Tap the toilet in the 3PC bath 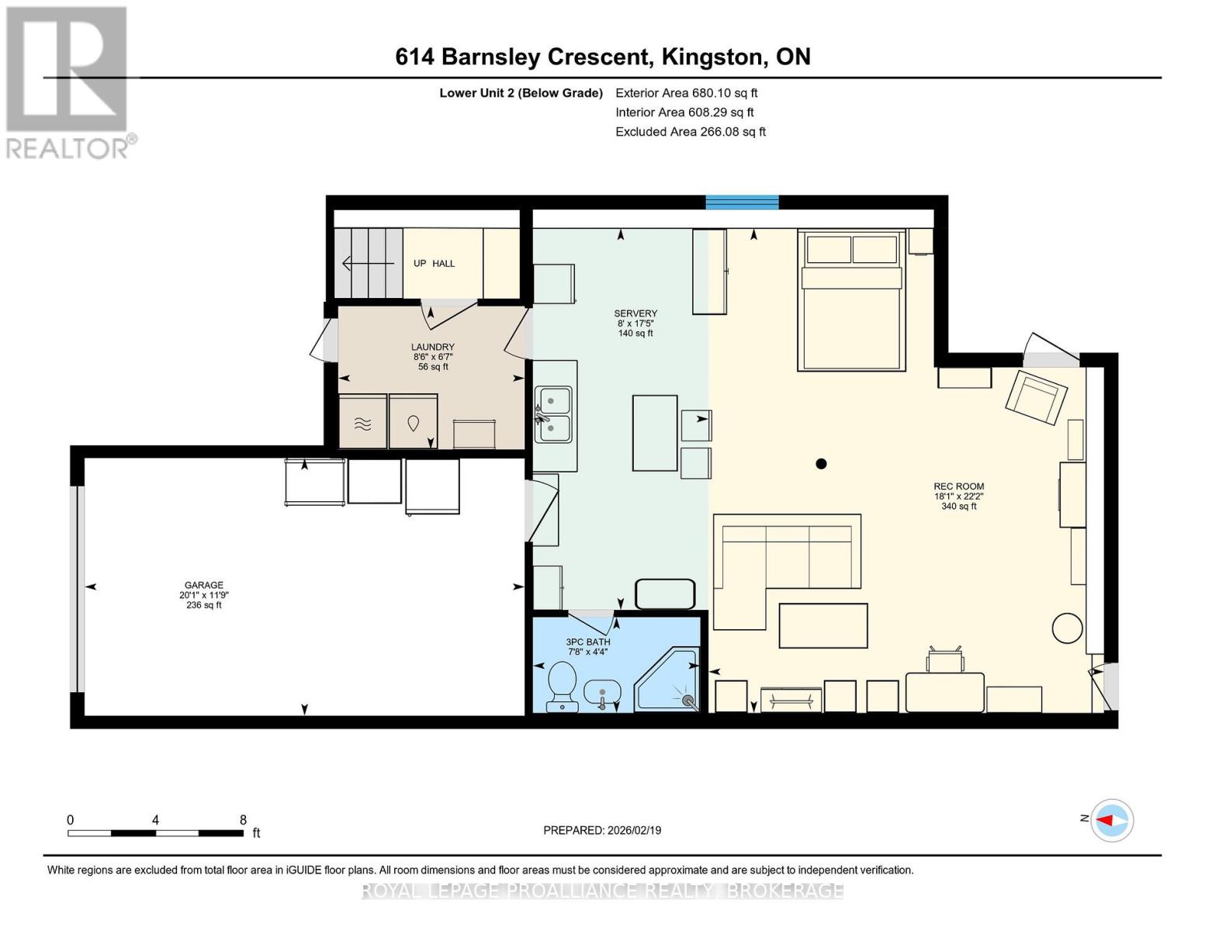tap(561, 685)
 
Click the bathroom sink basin tap(601, 690)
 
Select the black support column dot tap(821, 464)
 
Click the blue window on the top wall tap(742, 202)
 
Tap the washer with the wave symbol tap(362, 422)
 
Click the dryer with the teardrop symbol tap(413, 422)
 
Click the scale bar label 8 tap(243, 820)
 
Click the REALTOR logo tap(68, 81)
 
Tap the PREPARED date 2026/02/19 tap(602, 830)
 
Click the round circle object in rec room tap(1067, 628)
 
